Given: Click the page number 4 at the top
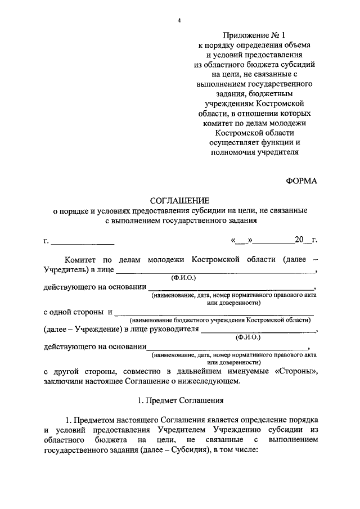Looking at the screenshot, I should tap(179, 20).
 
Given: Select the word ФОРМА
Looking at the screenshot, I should tap(301, 181).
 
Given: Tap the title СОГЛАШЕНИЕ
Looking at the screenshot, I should tap(179, 201).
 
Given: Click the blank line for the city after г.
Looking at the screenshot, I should tap(83, 242).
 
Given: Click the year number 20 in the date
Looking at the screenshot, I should tap(299, 241).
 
